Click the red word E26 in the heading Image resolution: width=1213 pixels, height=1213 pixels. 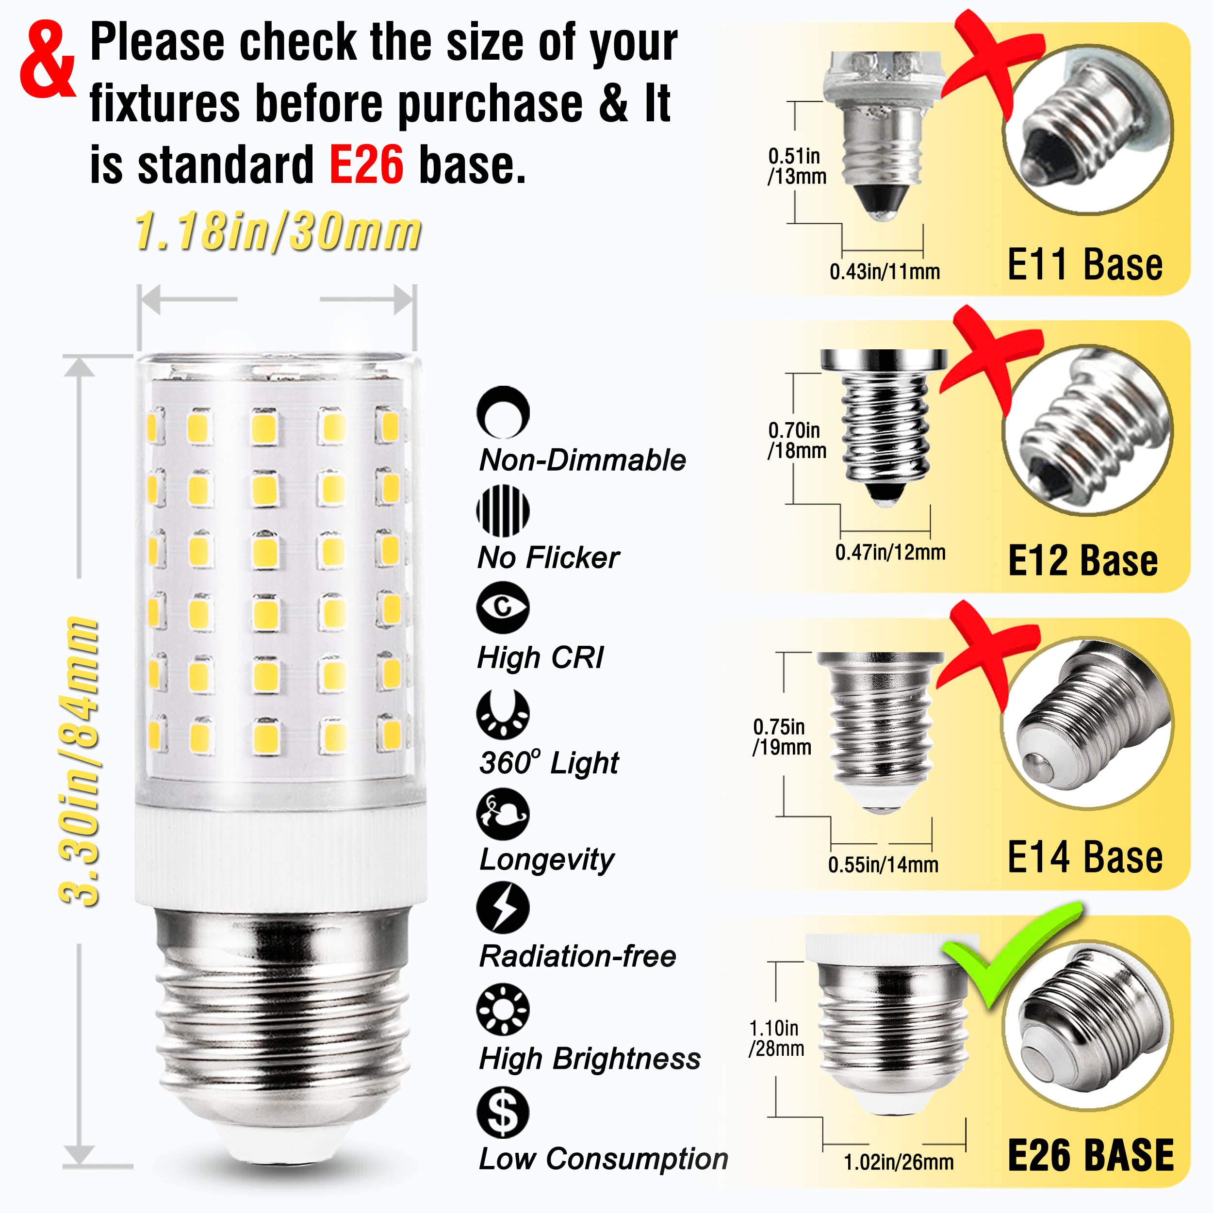366,164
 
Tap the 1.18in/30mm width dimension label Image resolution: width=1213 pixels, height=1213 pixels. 278,231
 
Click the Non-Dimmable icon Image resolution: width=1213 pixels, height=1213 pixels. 503,412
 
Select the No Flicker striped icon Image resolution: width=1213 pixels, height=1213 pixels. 503,510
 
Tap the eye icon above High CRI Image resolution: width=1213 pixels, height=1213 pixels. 503,607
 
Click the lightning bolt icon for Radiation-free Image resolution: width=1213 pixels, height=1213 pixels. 503,908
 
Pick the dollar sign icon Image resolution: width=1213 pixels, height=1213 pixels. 503,1112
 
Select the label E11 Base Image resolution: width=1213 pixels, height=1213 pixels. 1084,264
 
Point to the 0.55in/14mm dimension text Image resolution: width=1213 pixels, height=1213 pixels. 883,865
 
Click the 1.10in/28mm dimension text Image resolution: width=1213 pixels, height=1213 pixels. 776,1038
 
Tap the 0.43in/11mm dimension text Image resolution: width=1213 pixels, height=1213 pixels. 884,272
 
